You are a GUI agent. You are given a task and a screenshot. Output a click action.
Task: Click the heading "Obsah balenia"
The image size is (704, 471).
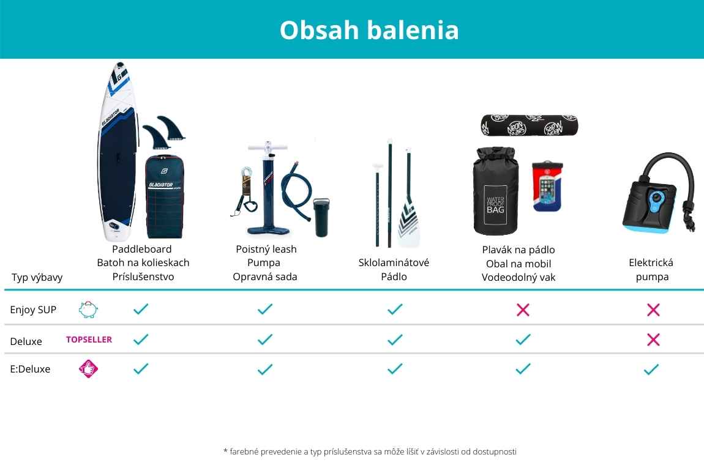click(369, 30)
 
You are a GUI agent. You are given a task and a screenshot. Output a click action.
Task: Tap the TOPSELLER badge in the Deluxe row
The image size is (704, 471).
click(89, 339)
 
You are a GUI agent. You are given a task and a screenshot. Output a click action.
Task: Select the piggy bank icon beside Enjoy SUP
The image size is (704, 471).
click(88, 310)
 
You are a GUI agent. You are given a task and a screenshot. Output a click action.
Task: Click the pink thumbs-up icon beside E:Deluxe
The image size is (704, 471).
click(88, 369)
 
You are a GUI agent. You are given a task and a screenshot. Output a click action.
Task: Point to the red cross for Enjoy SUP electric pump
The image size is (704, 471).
click(653, 310)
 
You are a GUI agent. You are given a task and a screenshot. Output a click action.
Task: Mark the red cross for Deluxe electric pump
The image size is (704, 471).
click(653, 339)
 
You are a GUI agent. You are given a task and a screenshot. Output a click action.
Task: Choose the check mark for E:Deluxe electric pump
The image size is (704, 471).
click(651, 369)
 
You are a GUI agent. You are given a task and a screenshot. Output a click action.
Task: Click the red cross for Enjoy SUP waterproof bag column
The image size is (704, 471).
click(523, 310)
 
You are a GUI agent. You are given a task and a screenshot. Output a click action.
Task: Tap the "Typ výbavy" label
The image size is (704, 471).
click(37, 277)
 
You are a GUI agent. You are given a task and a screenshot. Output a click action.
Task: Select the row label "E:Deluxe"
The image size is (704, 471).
click(30, 369)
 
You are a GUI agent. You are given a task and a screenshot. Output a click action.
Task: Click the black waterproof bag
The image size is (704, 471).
click(495, 191)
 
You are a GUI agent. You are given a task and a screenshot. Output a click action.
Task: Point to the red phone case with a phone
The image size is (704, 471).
click(547, 186)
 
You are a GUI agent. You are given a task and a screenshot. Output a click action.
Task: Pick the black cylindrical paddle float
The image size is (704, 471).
click(530, 125)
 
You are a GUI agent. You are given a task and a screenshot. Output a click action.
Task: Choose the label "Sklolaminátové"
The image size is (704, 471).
click(394, 262)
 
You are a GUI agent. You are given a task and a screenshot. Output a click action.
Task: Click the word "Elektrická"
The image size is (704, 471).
click(651, 262)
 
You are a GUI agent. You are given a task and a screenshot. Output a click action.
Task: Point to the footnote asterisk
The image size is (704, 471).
click(225, 450)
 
